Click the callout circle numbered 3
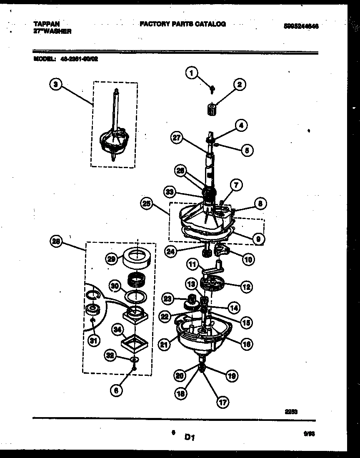56,85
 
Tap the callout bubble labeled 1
191,74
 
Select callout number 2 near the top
239,85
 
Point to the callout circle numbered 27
177,138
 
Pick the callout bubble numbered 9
258,239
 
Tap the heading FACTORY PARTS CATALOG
182,24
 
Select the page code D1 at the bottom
190,437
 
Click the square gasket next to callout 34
136,345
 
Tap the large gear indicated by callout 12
213,285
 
